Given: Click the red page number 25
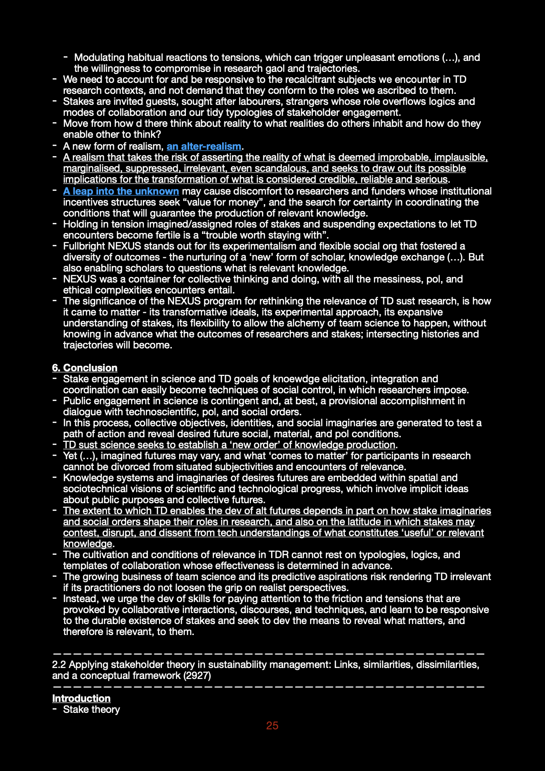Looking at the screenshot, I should [x=272, y=726].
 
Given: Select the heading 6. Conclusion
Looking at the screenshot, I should [x=85, y=368].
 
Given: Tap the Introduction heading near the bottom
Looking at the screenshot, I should [x=82, y=699].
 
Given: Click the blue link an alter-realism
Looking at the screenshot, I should [x=204, y=147].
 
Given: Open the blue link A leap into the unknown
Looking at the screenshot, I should [x=121, y=191].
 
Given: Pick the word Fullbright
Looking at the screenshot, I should [x=84, y=246].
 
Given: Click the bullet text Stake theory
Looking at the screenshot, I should [x=92, y=710].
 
